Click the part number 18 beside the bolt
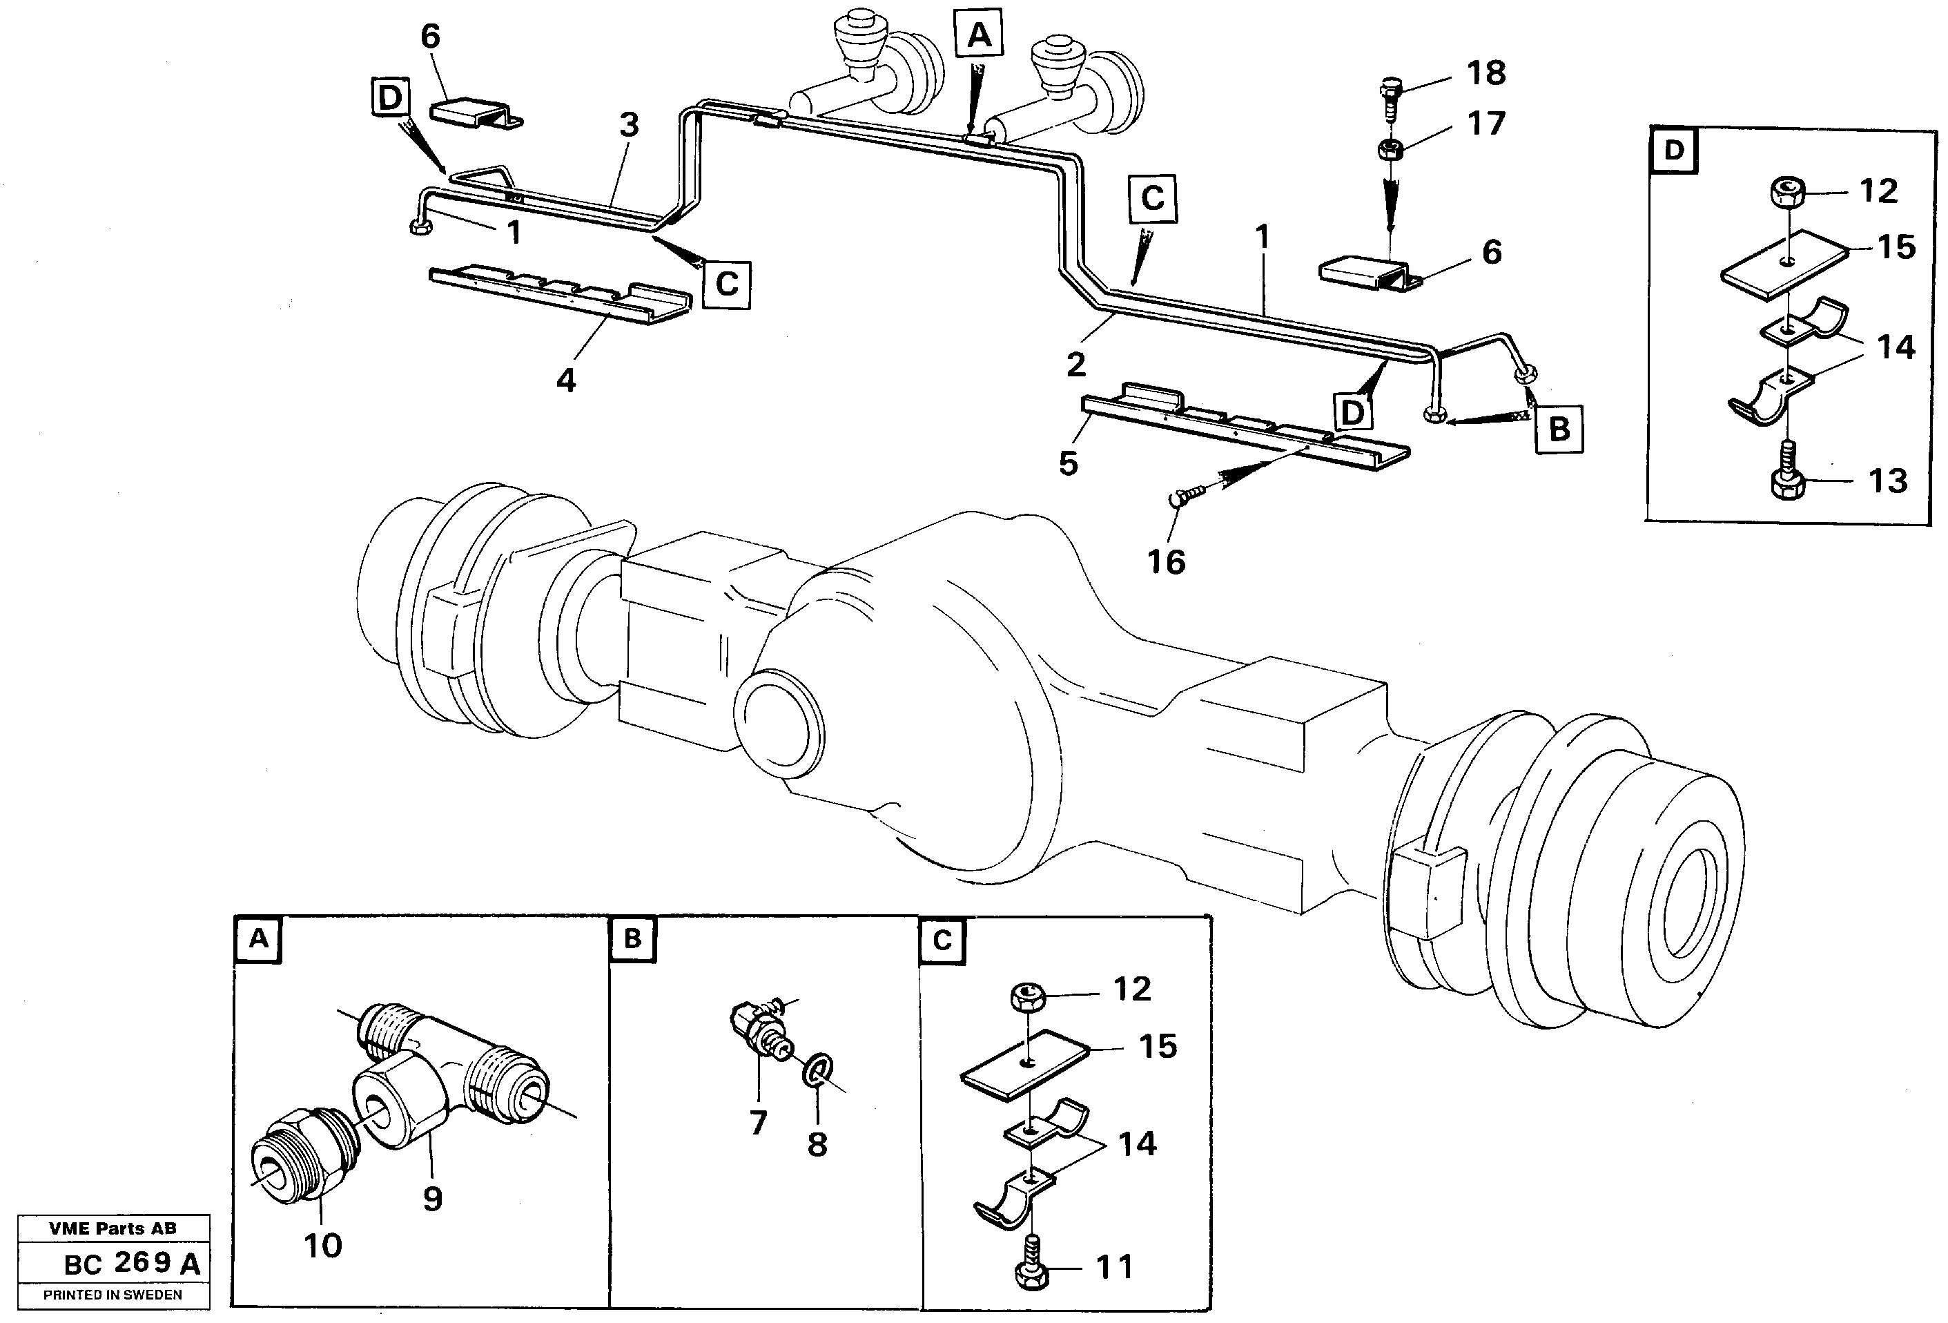1486,73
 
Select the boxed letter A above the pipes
979,37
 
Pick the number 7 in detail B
758,1122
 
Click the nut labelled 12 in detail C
1027,998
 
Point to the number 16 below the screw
1166,562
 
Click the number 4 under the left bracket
566,380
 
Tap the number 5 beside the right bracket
1068,462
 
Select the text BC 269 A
133,1264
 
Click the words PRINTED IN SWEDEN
113,1295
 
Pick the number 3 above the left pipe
629,125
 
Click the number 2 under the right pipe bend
1076,364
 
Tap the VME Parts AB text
113,1228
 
